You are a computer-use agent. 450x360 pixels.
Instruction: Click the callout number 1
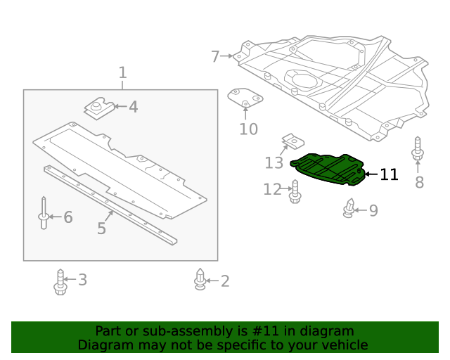coord(122,72)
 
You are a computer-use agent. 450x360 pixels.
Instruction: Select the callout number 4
coord(133,108)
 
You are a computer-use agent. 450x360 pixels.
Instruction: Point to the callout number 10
coord(248,129)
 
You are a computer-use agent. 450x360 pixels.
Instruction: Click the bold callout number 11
coord(389,174)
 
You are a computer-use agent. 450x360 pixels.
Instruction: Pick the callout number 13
coord(274,163)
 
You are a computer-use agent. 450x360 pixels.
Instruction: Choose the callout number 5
coord(101,229)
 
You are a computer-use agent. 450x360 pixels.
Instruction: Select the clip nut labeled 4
coord(100,108)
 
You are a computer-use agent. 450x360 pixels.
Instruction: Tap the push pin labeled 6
coord(44,214)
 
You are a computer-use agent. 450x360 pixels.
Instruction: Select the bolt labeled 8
coord(418,150)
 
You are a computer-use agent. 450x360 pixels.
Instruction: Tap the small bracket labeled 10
coord(245,98)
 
